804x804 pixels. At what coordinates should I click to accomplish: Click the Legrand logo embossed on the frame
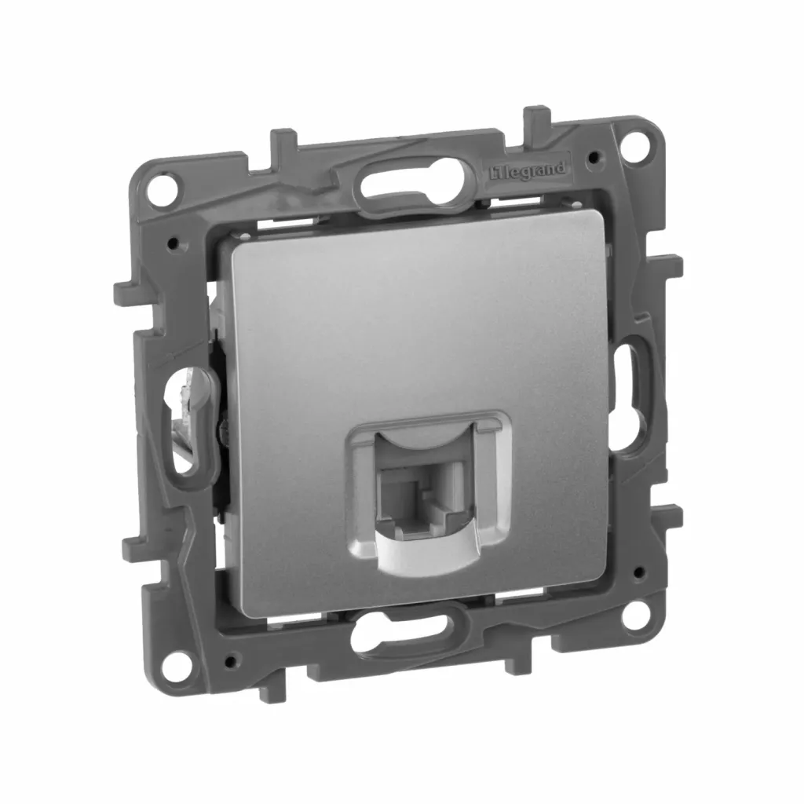point(527,170)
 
